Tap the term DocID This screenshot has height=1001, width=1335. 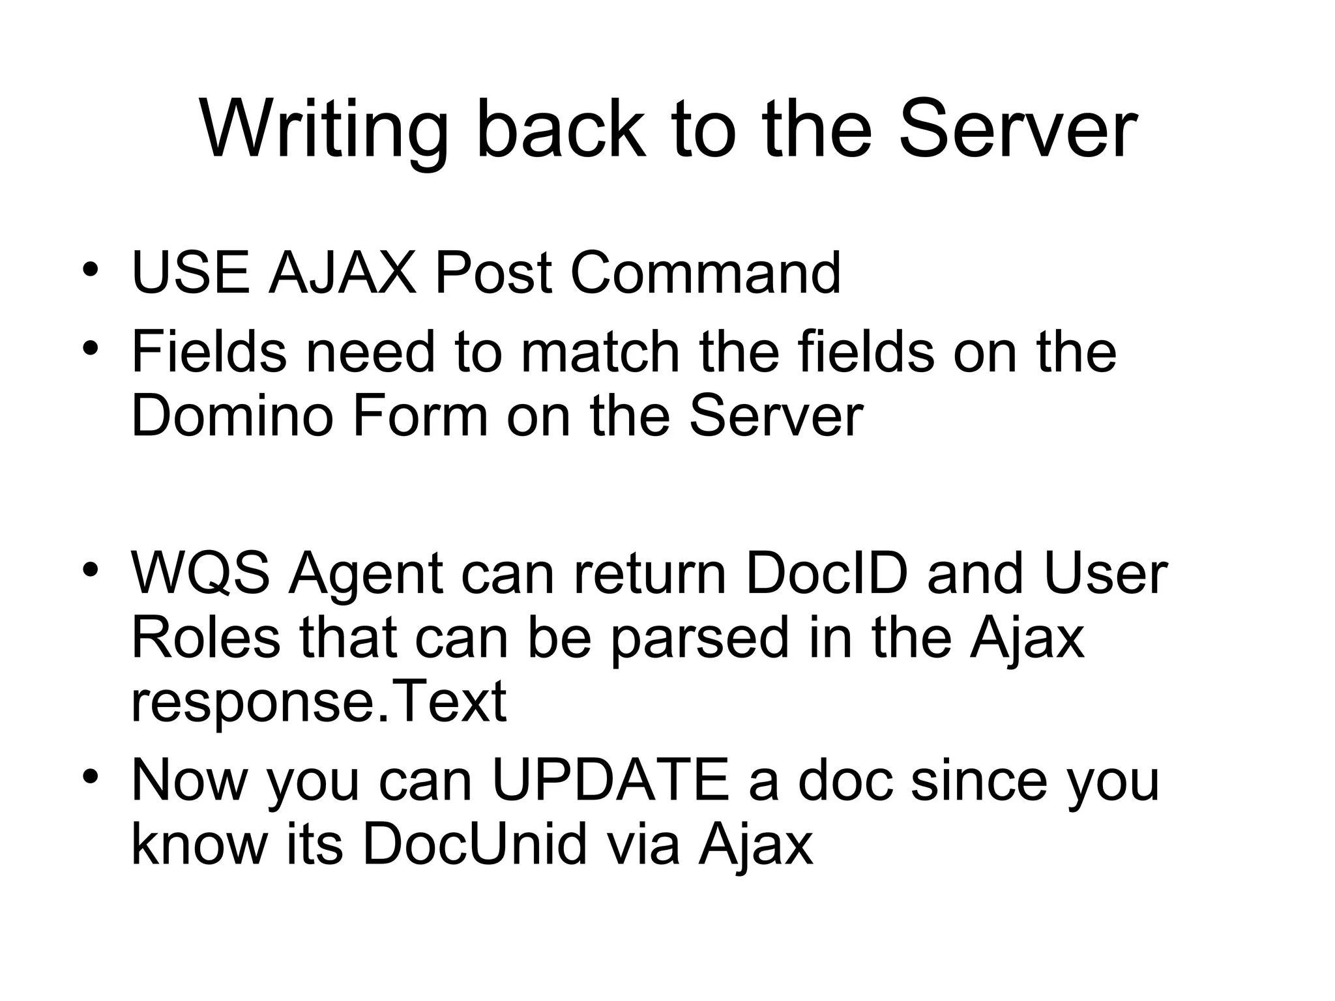point(826,573)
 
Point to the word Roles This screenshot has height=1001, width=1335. point(205,639)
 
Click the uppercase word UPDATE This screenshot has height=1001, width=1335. point(610,780)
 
